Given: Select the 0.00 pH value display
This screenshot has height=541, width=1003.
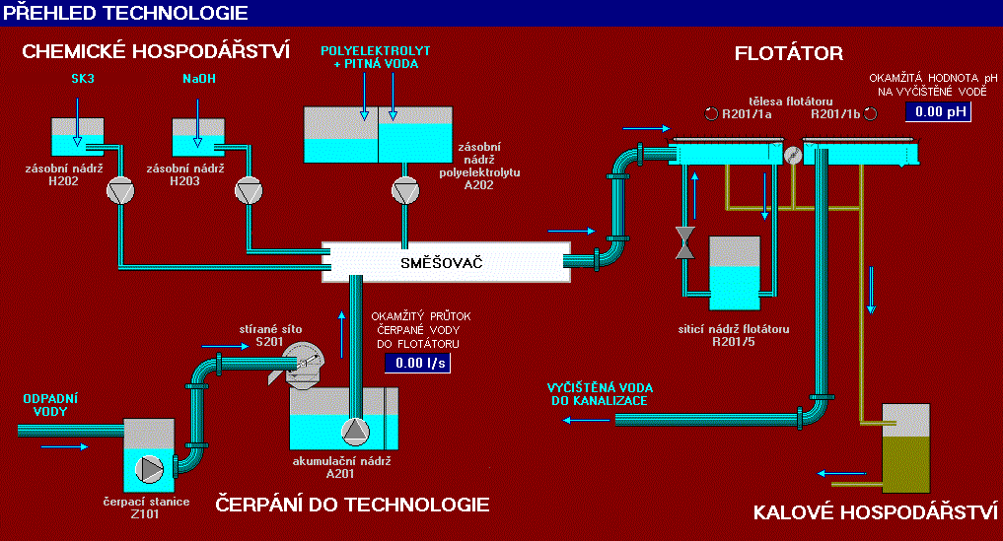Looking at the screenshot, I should [937, 111].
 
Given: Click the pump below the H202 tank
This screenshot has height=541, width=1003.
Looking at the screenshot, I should [120, 191].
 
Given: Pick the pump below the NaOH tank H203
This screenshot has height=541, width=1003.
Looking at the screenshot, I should [247, 191].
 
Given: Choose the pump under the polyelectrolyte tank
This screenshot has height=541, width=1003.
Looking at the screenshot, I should [402, 191].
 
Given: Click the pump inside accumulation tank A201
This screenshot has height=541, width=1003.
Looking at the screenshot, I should [353, 430].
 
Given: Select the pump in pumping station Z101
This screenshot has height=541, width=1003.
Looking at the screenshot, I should [149, 468].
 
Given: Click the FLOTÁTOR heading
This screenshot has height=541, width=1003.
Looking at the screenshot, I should [788, 52].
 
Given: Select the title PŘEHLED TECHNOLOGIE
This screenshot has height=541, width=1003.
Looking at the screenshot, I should [124, 13].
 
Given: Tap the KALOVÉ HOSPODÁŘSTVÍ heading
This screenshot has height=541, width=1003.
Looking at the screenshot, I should [877, 512].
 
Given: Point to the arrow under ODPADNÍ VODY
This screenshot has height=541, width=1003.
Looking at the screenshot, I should [64, 445].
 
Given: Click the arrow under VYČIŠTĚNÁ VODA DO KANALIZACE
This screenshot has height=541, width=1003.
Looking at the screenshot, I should [586, 421].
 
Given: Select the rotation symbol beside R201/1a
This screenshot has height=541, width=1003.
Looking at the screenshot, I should [711, 112].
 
